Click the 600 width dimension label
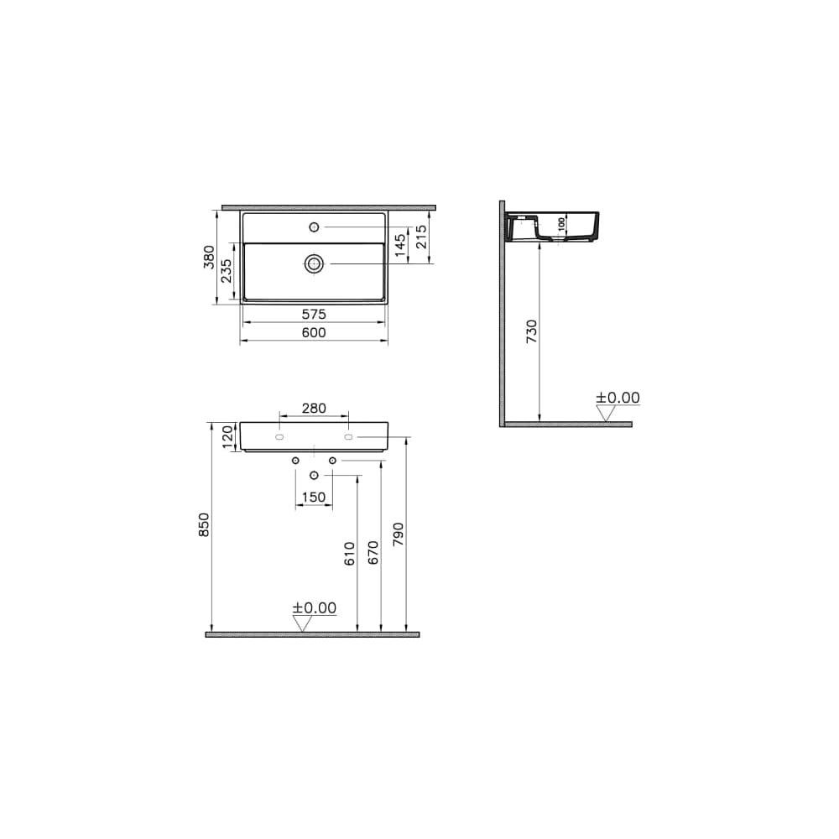314,333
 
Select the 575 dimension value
314,315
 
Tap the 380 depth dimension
209,257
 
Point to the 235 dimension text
227,271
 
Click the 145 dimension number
400,245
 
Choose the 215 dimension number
422,237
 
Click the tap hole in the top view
314,227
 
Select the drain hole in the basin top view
314,263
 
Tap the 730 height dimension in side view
531,331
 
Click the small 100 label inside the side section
561,224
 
